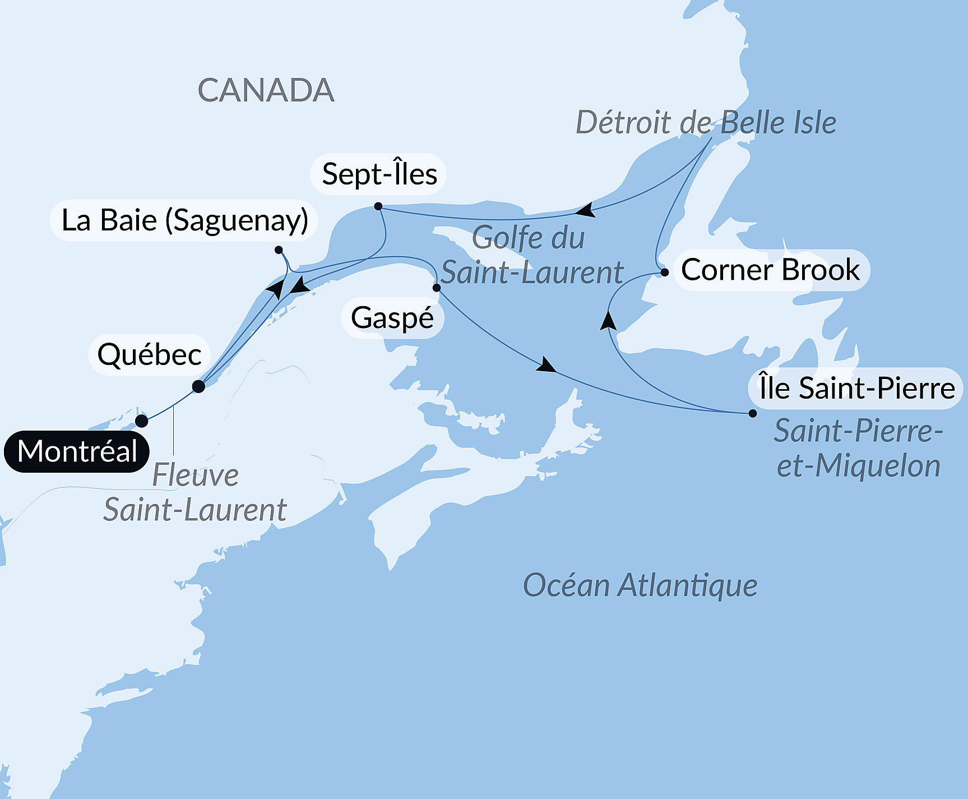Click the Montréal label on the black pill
pos(77,451)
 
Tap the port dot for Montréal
pos(142,421)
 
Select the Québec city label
pos(149,355)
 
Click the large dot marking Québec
pos(198,386)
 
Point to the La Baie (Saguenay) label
pos(184,220)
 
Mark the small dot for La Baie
pos(279,250)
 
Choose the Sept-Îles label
pos(379,174)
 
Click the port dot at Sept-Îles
pos(378,206)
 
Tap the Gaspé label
pos(392,318)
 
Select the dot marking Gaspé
pos(437,288)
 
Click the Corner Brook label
pos(770,270)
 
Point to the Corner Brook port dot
pos(665,273)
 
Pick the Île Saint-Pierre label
pos(856,389)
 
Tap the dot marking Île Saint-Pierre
pos(753,413)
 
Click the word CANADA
pos(266,90)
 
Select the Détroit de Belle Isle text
pos(706,123)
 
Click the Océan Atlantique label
pos(640,586)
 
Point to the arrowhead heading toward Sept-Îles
pos(586,211)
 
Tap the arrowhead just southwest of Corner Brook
pos(609,321)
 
